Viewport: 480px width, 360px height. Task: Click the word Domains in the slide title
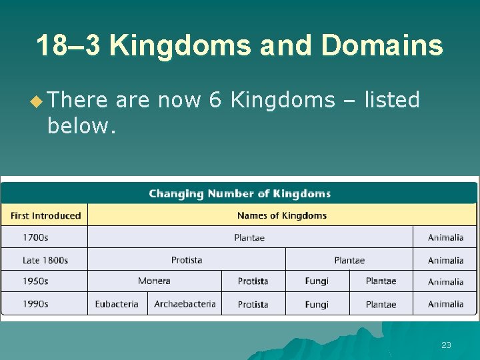tap(382, 45)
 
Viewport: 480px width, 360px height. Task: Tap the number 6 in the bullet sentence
tap(215, 100)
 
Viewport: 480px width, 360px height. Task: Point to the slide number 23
tap(446, 345)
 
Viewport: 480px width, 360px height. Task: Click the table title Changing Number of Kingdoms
tap(239, 194)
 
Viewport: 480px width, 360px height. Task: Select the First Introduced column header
tap(45, 215)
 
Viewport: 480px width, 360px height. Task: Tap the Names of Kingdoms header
tap(282, 215)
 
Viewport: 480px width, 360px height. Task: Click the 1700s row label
tap(35, 237)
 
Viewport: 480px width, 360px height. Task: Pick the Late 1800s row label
tap(45, 260)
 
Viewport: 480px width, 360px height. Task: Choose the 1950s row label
tap(35, 281)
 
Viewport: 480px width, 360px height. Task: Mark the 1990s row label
tap(35, 304)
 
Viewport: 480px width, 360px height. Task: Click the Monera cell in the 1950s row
tap(154, 281)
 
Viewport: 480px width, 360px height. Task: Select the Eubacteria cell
tap(117, 304)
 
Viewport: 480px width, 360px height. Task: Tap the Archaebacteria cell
tap(185, 304)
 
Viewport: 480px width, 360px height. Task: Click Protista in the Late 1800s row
tap(187, 260)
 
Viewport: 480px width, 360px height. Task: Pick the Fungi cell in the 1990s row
tap(317, 304)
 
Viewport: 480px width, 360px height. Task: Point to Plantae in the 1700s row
tap(249, 237)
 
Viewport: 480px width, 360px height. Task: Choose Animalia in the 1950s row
tap(445, 281)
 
